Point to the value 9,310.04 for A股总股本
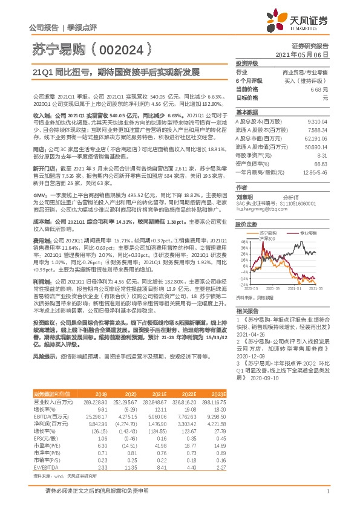point(318,123)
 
